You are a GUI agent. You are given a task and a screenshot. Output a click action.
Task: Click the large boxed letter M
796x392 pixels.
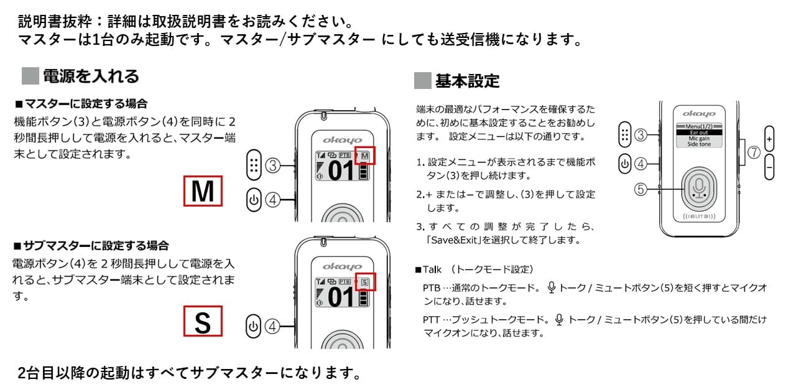point(203,191)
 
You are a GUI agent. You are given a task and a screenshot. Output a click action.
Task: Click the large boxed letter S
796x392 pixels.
point(203,321)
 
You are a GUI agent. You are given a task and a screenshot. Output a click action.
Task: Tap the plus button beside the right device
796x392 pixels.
point(769,139)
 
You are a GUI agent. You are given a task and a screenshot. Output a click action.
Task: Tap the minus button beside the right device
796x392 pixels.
point(769,167)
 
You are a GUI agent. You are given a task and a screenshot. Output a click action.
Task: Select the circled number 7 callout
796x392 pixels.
point(754,152)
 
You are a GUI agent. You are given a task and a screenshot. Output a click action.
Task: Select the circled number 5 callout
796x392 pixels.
point(641,189)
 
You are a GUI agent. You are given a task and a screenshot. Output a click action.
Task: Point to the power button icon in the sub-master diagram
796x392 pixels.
point(253,326)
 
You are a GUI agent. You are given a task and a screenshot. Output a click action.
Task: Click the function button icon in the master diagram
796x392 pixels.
point(254,165)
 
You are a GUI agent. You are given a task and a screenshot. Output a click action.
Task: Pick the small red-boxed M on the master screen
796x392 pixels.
point(365,156)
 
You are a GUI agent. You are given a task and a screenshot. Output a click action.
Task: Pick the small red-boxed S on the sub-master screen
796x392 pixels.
point(365,282)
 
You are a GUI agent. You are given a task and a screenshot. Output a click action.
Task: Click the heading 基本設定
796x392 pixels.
point(467,81)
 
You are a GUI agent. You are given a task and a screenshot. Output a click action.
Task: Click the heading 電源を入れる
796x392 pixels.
point(91,76)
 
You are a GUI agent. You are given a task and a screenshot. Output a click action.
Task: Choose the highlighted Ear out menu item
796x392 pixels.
point(699,133)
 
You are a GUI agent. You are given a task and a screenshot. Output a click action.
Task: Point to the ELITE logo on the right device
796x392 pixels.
point(699,216)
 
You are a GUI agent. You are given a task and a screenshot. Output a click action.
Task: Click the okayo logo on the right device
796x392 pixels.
point(699,114)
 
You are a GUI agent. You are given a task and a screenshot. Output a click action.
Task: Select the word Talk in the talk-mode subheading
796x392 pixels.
point(432,269)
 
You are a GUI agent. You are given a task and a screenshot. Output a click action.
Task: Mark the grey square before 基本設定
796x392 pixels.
point(422,80)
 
